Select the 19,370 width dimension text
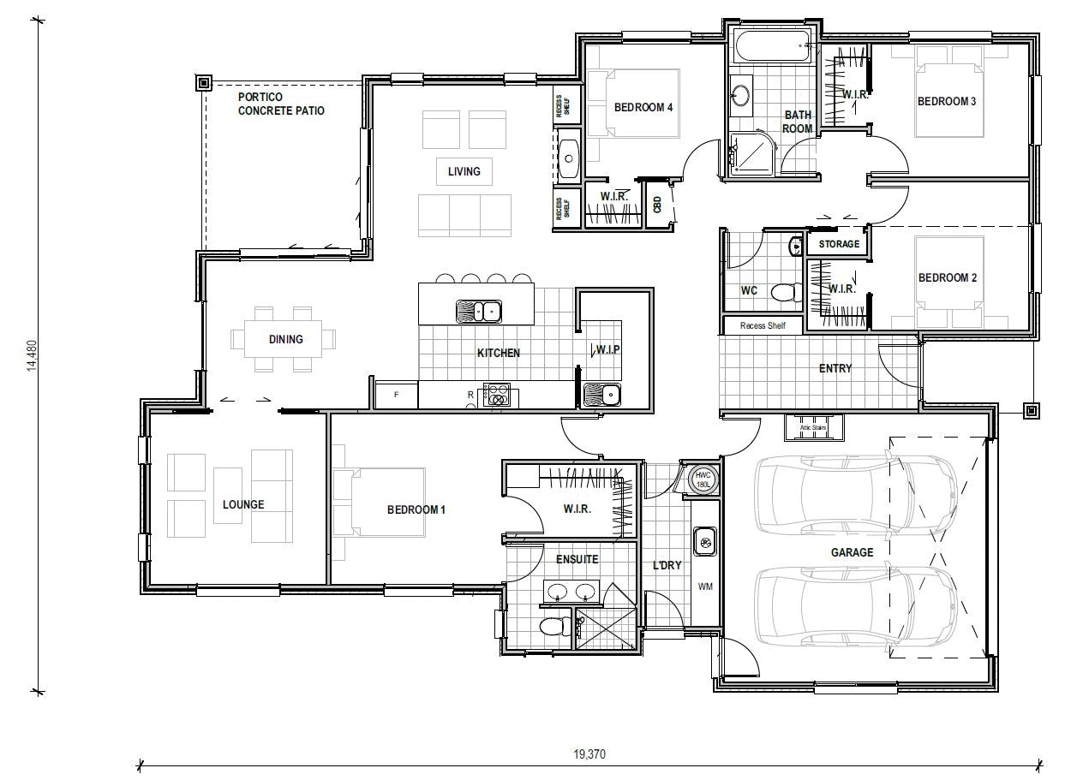[x=589, y=754]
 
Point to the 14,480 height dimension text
[x=33, y=355]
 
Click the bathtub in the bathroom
[x=771, y=46]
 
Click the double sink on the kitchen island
[x=478, y=310]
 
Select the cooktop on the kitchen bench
[x=497, y=394]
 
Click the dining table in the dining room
[x=284, y=339]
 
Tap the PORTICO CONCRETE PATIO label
[x=281, y=104]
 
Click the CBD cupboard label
[x=657, y=205]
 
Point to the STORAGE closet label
[x=839, y=244]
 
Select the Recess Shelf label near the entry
[x=763, y=325]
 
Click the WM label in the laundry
[x=706, y=586]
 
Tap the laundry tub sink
[x=705, y=541]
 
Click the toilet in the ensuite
[x=554, y=627]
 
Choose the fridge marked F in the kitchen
[x=396, y=395]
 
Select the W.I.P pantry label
[x=608, y=349]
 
